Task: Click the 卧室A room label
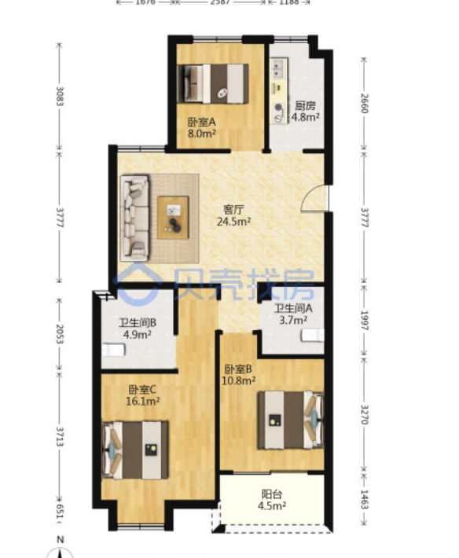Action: (x=202, y=122)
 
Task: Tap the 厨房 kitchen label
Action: (x=305, y=105)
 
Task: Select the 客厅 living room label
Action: (x=233, y=209)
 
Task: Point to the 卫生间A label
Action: (x=293, y=308)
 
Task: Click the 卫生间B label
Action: (x=138, y=323)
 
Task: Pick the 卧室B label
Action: (x=238, y=369)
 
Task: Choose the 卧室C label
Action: (x=142, y=390)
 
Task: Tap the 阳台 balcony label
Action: (x=272, y=494)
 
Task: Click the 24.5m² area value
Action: (x=233, y=222)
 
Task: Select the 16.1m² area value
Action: (x=143, y=402)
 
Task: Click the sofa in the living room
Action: (x=135, y=218)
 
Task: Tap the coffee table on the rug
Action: (x=173, y=218)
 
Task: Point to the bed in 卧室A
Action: (x=213, y=84)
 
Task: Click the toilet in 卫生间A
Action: (x=313, y=336)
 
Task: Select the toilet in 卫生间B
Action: (x=113, y=351)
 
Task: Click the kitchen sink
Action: (x=278, y=68)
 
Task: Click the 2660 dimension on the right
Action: (x=364, y=104)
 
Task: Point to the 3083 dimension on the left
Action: (x=60, y=97)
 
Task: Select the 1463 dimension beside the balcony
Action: (x=364, y=499)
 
